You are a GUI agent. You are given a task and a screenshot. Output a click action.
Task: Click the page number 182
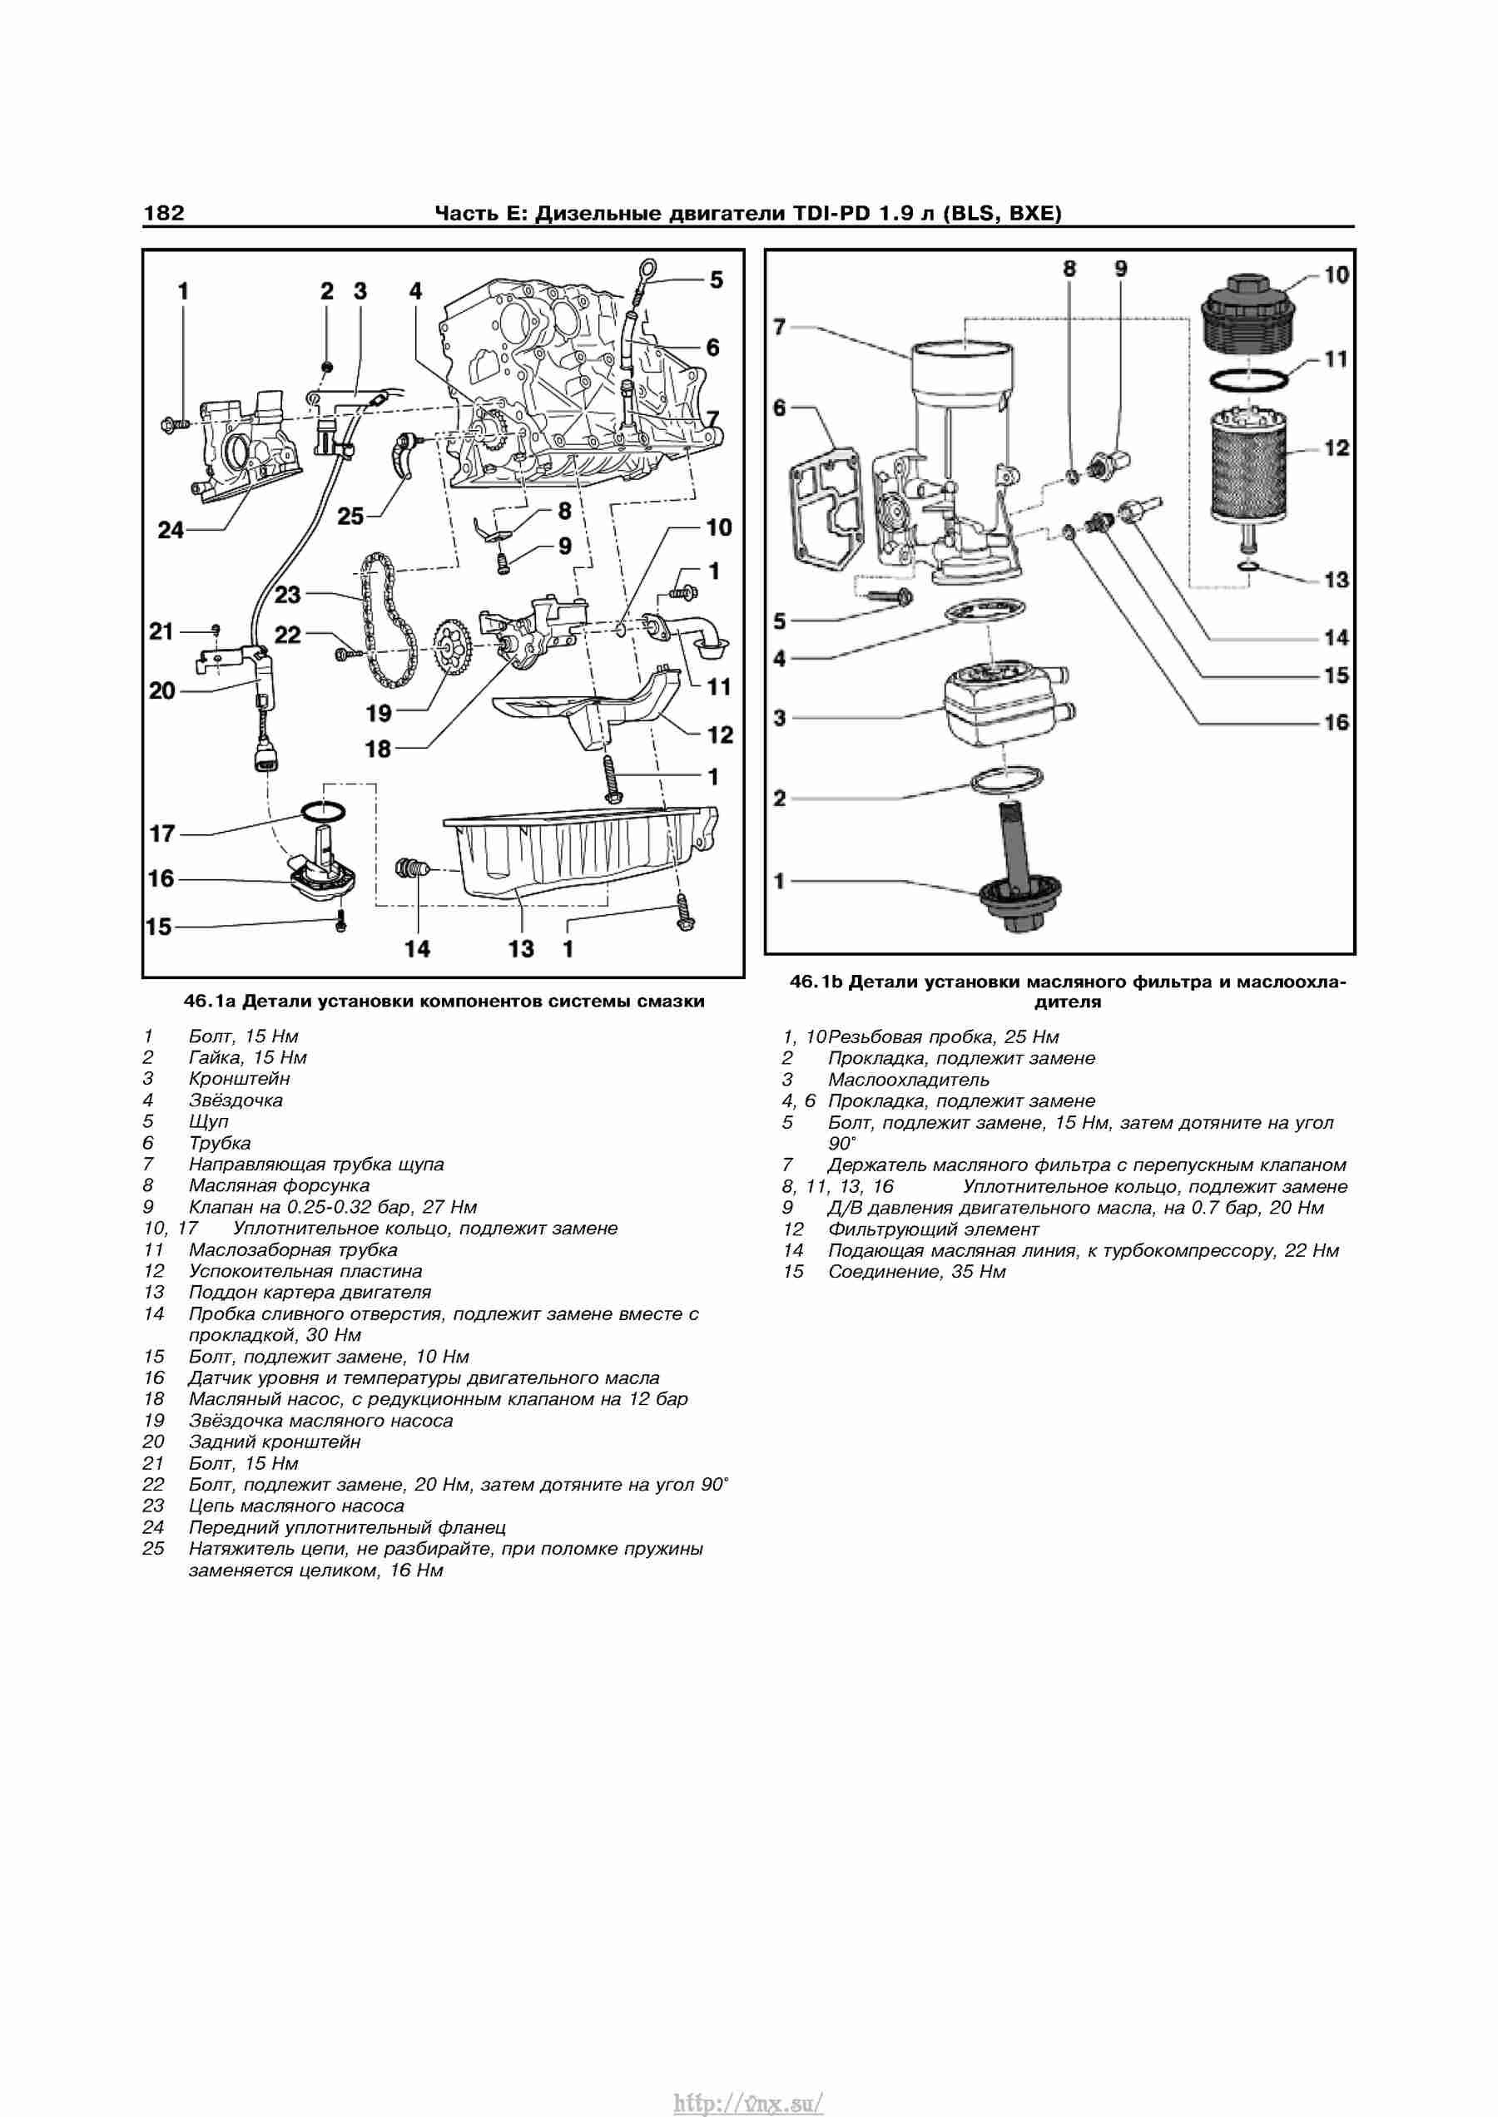[x=164, y=213]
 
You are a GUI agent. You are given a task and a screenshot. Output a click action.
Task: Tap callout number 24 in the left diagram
[x=171, y=530]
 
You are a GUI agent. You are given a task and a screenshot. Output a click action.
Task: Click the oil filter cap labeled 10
[x=1250, y=314]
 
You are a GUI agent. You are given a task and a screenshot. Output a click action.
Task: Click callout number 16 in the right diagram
[x=1336, y=723]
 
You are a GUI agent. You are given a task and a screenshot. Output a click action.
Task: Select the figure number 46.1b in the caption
[x=817, y=982]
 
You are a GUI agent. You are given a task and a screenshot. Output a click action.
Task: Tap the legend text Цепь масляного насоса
[x=296, y=1506]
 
